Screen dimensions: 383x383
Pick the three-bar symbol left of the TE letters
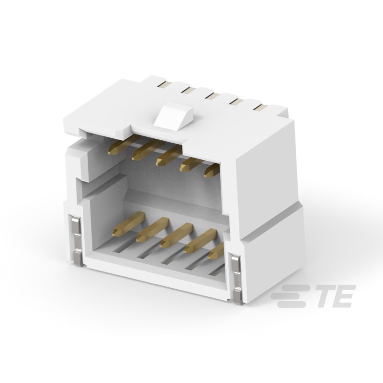pos(292,296)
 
